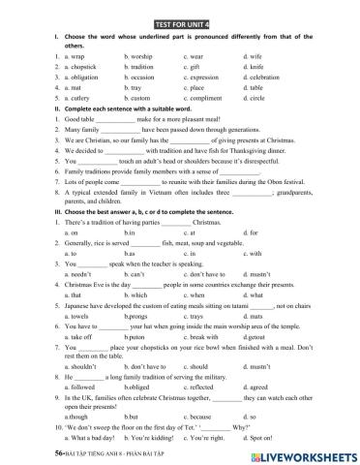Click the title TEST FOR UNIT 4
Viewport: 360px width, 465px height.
tap(180, 19)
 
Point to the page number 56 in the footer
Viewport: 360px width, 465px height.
tap(33, 451)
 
